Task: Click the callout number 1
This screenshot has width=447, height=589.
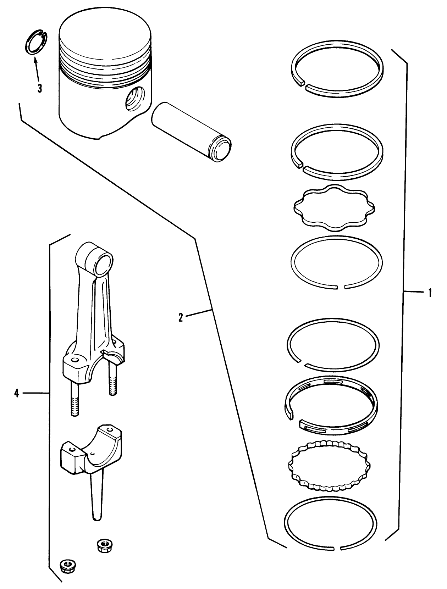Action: (x=430, y=293)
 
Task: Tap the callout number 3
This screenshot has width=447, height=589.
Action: (x=39, y=88)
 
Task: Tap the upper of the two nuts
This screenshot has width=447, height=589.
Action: (x=103, y=544)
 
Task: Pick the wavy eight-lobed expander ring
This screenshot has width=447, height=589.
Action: (x=334, y=209)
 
